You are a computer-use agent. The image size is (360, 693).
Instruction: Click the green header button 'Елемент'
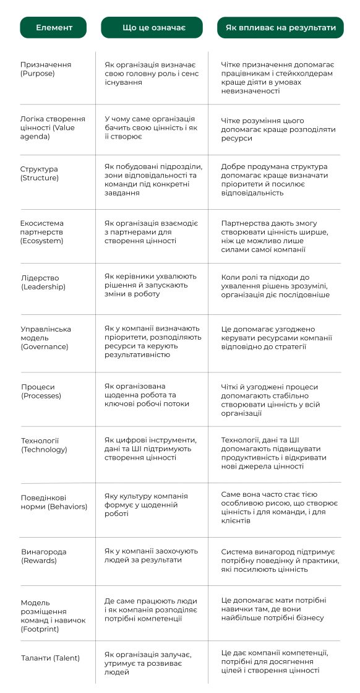click(54, 28)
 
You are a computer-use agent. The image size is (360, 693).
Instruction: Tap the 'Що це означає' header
click(152, 28)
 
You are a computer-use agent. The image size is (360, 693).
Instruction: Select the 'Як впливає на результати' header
click(280, 28)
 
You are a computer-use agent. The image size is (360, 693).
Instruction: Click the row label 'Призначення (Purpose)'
click(46, 69)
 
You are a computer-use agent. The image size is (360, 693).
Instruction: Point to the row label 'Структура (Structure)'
click(40, 173)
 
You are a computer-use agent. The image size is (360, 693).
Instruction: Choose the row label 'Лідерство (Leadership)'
click(43, 282)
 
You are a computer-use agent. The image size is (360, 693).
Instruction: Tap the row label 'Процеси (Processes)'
click(41, 391)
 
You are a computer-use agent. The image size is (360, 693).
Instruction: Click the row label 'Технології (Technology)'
click(44, 445)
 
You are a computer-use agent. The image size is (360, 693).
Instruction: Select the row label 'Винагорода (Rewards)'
click(43, 556)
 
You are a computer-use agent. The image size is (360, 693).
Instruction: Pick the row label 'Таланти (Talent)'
click(50, 658)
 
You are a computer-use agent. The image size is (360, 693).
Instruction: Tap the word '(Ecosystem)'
click(42, 241)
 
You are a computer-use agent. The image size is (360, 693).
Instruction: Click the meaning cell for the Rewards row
click(151, 555)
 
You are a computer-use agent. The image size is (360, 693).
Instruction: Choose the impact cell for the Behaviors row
click(279, 507)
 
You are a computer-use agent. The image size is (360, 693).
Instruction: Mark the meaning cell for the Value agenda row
click(151, 127)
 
